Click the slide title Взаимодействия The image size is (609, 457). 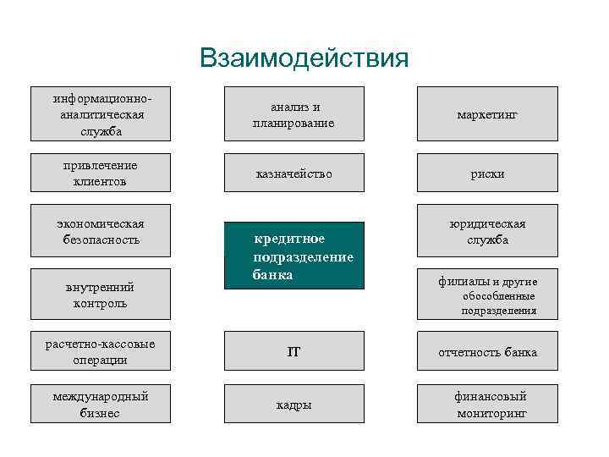click(x=304, y=58)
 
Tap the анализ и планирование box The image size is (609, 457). click(x=294, y=113)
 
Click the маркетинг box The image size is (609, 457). click(x=487, y=113)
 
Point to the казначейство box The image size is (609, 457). click(x=294, y=173)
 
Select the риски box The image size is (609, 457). click(x=487, y=173)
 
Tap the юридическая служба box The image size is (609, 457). click(x=487, y=230)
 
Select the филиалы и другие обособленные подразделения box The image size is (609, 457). click(x=487, y=295)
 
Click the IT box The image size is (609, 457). click(x=294, y=351)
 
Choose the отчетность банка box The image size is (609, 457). click(x=487, y=351)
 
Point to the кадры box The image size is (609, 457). click(x=294, y=404)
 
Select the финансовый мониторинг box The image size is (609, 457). click(x=487, y=404)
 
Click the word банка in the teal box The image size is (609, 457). click(x=272, y=275)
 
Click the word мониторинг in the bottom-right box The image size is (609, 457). click(x=491, y=413)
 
